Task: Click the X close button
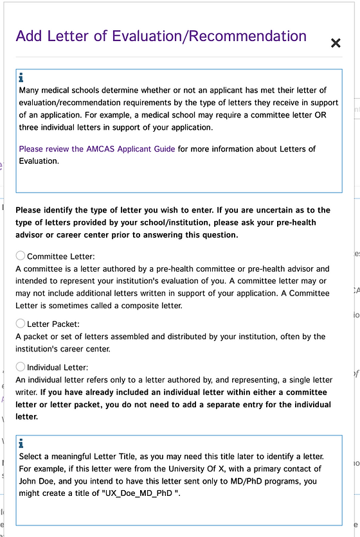(x=335, y=43)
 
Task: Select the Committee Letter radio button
(x=21, y=256)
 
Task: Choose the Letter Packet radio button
(x=21, y=323)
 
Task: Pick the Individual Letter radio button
(x=21, y=367)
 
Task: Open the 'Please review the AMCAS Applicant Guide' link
(x=96, y=149)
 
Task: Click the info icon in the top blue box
(x=22, y=78)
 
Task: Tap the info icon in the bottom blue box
(x=22, y=443)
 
